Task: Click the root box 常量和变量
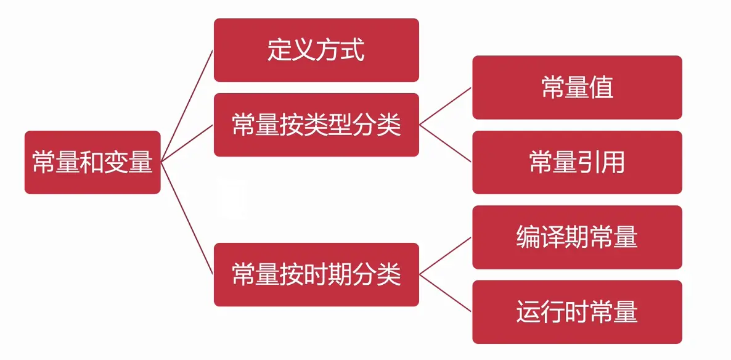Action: pos(92,162)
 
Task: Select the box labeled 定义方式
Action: pos(316,50)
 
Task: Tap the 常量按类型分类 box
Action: pos(316,125)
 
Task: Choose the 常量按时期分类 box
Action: pos(316,274)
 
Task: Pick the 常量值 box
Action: pos(577,87)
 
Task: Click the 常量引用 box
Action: pos(577,162)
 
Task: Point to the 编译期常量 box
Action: pos(577,237)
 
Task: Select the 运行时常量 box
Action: pos(577,312)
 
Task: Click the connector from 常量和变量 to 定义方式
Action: pos(187,105)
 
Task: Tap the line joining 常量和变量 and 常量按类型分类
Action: pos(187,143)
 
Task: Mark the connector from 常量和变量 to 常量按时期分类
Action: pos(187,218)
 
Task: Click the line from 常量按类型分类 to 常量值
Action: pos(446,106)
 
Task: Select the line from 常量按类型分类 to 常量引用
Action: pos(446,143)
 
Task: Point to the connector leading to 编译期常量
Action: pos(446,256)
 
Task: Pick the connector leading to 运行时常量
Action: pos(446,293)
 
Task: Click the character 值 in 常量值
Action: pos(601,87)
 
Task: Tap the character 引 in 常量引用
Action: pos(589,162)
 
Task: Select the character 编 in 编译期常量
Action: pos(528,237)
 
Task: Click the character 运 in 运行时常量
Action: pos(528,312)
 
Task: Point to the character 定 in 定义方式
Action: pos(279,50)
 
